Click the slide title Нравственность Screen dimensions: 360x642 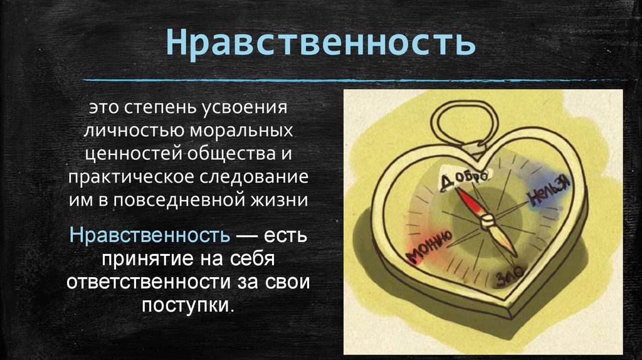[320, 44]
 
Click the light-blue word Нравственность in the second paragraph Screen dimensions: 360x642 [149, 236]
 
